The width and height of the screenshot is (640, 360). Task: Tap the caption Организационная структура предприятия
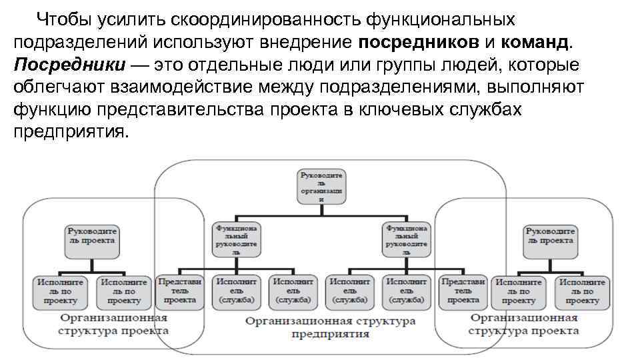pos(330,327)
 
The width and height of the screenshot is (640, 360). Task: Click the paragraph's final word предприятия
pos(68,132)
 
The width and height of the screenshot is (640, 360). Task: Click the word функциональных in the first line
pos(439,18)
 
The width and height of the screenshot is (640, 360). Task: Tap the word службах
pos(491,110)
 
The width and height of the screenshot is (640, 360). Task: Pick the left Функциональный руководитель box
pos(237,239)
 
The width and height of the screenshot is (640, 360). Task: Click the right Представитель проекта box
pos(463,291)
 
